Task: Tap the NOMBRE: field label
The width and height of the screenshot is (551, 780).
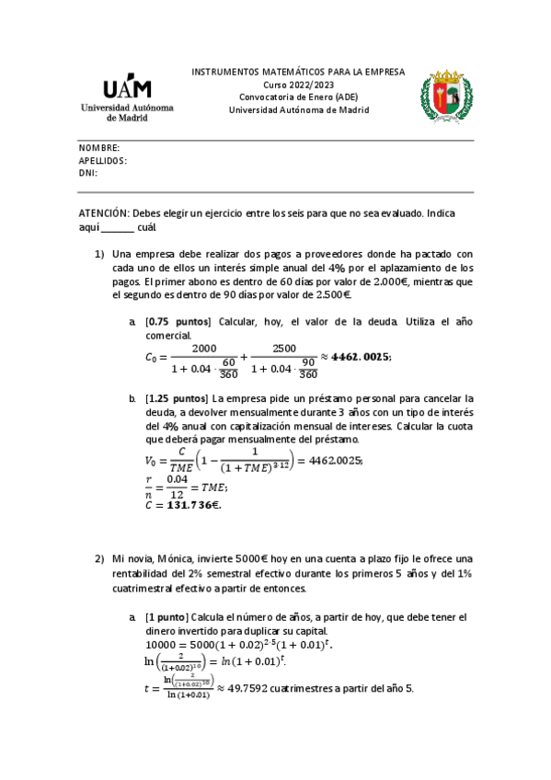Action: pyautogui.click(x=99, y=148)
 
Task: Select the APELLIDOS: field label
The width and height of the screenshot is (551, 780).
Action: pyautogui.click(x=103, y=160)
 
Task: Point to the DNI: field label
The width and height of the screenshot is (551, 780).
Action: pyautogui.click(x=88, y=172)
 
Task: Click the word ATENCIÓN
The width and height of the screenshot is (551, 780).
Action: pyautogui.click(x=104, y=212)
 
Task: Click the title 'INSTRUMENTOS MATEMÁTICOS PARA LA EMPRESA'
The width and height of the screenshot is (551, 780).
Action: pyautogui.click(x=297, y=71)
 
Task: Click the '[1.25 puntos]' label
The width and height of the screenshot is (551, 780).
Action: pyautogui.click(x=176, y=398)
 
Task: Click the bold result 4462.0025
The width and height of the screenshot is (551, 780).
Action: pyautogui.click(x=360, y=356)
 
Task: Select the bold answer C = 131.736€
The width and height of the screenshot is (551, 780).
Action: pyautogui.click(x=184, y=504)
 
